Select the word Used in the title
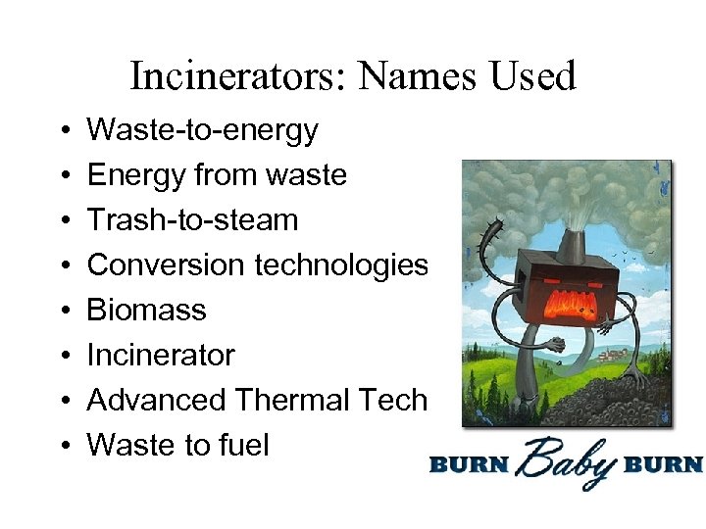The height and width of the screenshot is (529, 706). coord(534,75)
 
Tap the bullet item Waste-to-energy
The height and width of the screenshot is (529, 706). coord(202,130)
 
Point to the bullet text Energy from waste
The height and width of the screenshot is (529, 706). coord(217,175)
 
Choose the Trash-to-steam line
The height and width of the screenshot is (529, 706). coord(192,220)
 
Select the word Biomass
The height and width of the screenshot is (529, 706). coord(146,311)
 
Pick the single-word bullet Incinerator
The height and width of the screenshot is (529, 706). coord(161,355)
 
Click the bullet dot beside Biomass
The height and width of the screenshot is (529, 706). coord(63,312)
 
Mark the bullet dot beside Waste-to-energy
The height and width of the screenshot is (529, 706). coord(63,131)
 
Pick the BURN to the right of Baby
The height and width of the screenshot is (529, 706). coord(668,463)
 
